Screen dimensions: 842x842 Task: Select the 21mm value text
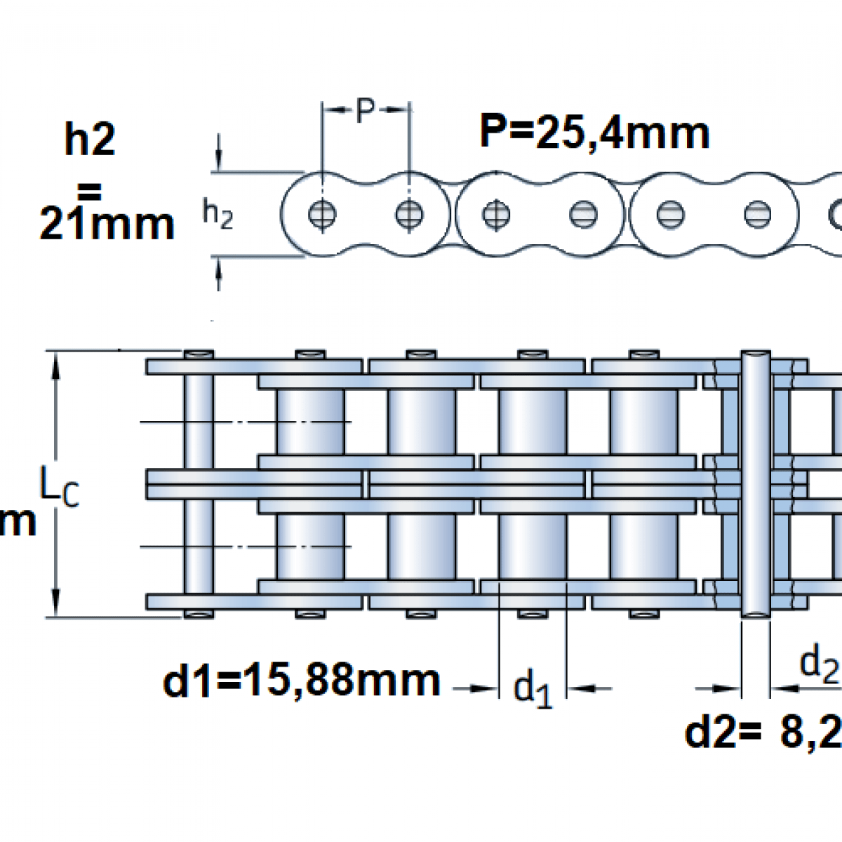[107, 225]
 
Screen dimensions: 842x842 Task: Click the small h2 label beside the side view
[218, 215]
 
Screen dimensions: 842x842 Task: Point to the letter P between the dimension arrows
[364, 110]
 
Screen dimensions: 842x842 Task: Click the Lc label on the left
[60, 489]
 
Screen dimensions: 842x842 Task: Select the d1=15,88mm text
[302, 681]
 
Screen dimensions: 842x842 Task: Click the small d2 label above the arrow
[820, 663]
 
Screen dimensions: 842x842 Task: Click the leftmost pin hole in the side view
[322, 214]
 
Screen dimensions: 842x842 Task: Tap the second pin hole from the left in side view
[409, 214]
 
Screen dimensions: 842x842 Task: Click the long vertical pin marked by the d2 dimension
[755, 484]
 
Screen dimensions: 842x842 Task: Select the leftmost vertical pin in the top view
[199, 484]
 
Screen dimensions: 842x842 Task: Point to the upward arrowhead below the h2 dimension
[220, 280]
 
